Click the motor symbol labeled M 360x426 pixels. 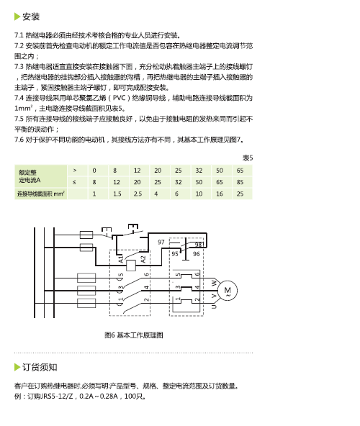228,290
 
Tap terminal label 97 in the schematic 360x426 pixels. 161,242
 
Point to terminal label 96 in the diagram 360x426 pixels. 196,254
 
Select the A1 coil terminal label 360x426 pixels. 121,259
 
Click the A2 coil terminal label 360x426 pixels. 143,259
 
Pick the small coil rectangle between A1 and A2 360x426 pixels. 131,266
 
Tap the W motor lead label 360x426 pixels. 215,283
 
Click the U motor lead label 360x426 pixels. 215,307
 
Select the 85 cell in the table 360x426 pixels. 240,182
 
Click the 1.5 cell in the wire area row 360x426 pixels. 117,194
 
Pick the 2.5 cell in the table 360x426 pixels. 138,194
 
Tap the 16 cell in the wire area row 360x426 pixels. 220,194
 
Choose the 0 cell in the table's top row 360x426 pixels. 94,171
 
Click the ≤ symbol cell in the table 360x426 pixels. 74,182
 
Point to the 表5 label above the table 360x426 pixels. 248,158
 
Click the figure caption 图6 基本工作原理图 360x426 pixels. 134,335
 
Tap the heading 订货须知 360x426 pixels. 40,367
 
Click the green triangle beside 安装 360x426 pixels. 17,17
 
